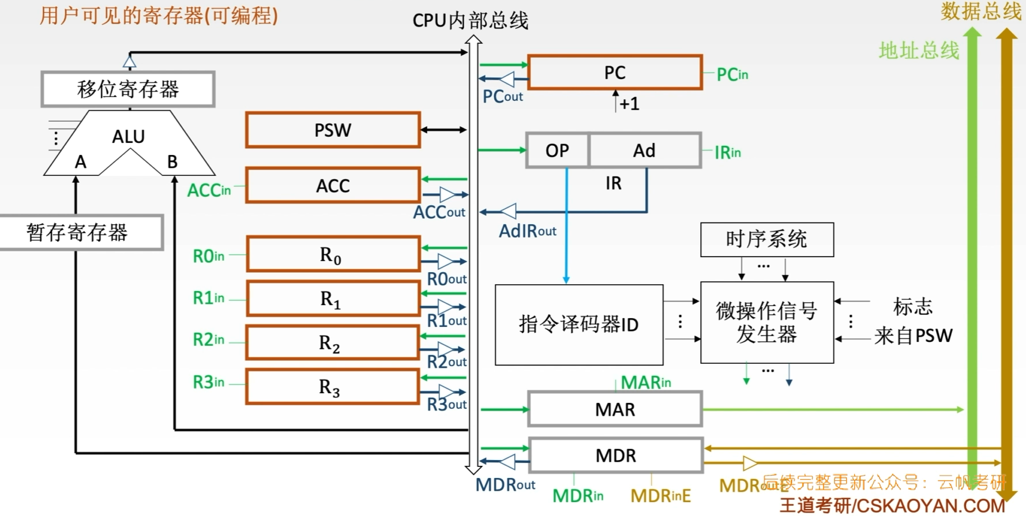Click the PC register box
point(615,73)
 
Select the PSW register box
point(333,130)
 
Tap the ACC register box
point(333,186)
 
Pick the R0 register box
point(333,254)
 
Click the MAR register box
point(615,409)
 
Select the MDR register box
point(616,455)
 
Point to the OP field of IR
point(557,150)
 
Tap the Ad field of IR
point(644,150)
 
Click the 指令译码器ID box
point(578,325)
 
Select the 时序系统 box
point(766,239)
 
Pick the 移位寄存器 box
point(128,89)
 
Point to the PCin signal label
point(732,74)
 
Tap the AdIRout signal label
point(527,231)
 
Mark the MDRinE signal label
point(660,495)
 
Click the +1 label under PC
point(629,104)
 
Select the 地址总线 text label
point(918,51)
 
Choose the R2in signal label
point(208,340)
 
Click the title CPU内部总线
point(470,21)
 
